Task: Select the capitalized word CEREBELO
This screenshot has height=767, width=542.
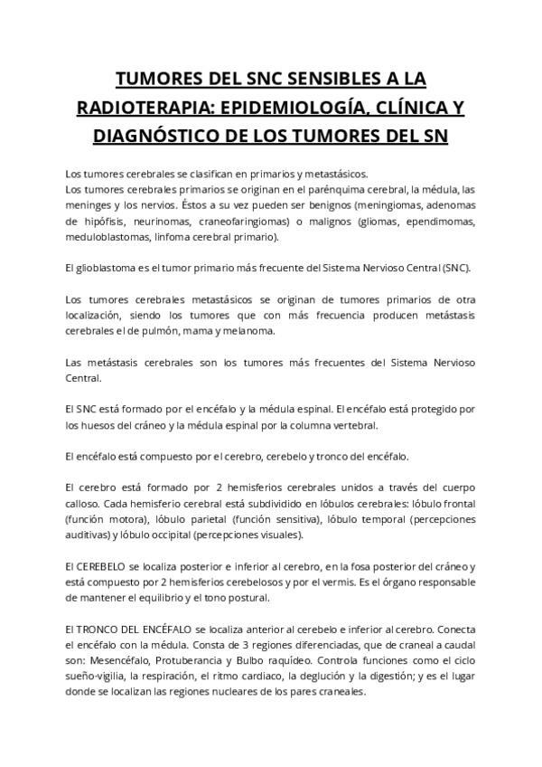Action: (x=101, y=567)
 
